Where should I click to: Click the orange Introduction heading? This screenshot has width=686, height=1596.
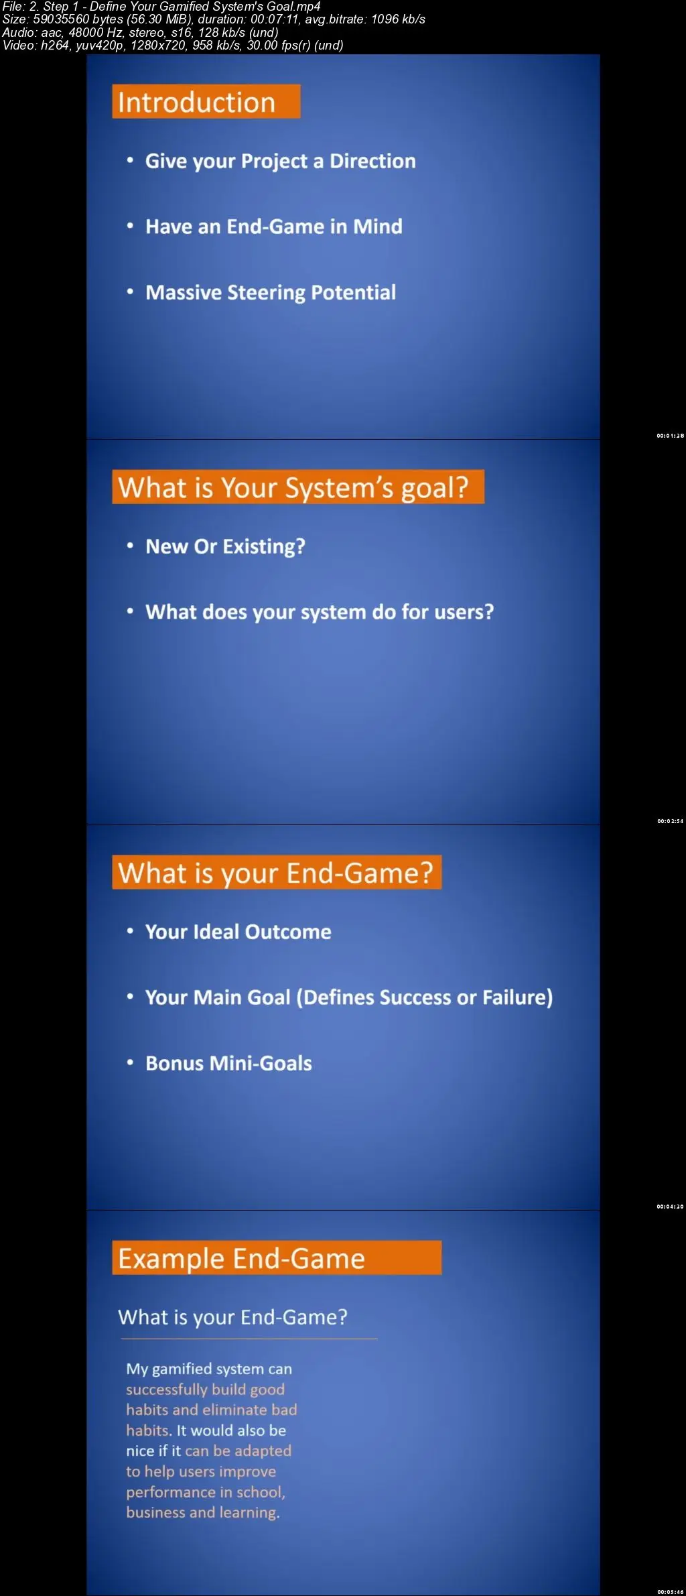(x=206, y=102)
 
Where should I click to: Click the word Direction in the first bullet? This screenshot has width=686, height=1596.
(x=372, y=161)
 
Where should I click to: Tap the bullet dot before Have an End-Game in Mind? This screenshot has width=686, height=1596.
(x=130, y=227)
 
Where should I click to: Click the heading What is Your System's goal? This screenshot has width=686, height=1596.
(x=298, y=487)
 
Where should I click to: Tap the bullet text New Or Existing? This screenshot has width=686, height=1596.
(x=225, y=547)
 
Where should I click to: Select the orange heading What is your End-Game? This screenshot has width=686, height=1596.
(x=277, y=873)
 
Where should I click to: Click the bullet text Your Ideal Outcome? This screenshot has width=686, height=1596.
(x=238, y=932)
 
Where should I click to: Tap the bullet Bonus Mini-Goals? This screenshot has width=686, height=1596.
(x=228, y=1063)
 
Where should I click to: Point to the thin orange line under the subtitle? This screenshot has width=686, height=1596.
(x=249, y=1339)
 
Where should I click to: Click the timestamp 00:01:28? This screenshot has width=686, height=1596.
(x=670, y=436)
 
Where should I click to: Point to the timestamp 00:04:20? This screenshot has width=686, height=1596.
(x=670, y=1207)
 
